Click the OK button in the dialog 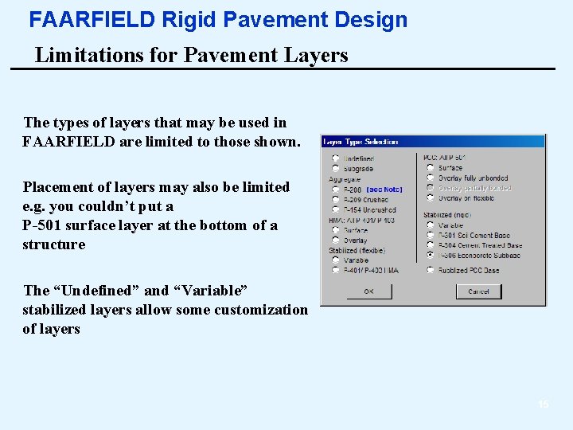tap(368, 291)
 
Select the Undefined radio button tap(336, 158)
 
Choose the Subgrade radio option tap(336, 169)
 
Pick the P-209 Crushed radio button tap(336, 200)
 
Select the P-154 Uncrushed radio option tap(336, 209)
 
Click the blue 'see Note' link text tap(384, 190)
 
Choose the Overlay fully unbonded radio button tap(431, 178)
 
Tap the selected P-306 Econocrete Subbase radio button tap(431, 256)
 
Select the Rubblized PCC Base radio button tap(431, 270)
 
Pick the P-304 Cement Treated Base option tap(431, 245)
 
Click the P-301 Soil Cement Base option tap(431, 235)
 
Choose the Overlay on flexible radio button tap(431, 198)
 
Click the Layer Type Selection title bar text tap(361, 142)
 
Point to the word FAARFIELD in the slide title tap(92, 20)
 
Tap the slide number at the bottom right tap(544, 405)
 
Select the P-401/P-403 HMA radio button tap(336, 270)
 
